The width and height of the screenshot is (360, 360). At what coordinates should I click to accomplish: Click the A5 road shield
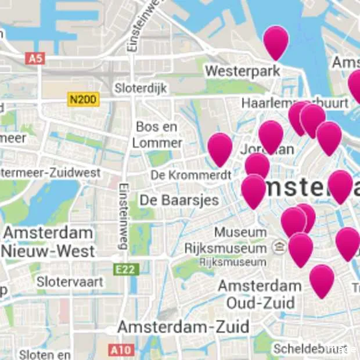click(x=35, y=58)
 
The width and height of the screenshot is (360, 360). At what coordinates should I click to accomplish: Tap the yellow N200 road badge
click(x=84, y=99)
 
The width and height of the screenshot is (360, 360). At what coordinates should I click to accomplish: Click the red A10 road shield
click(x=121, y=350)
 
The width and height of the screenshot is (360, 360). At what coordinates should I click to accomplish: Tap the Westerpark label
click(x=242, y=71)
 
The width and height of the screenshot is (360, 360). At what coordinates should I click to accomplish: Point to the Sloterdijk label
click(x=141, y=88)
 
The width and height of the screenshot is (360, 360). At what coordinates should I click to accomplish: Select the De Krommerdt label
click(x=191, y=175)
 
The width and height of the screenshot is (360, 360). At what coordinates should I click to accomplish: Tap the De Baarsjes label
click(x=179, y=200)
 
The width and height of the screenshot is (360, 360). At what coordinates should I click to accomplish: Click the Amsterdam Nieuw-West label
click(x=49, y=242)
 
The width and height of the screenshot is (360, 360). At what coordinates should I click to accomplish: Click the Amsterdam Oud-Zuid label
click(x=260, y=294)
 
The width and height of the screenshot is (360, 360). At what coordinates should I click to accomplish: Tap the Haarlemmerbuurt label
click(x=295, y=103)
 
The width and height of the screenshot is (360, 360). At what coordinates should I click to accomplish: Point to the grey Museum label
click(x=240, y=232)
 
